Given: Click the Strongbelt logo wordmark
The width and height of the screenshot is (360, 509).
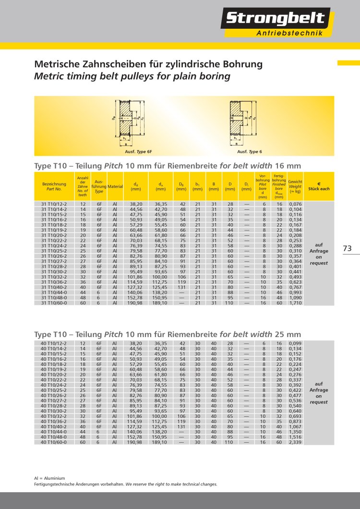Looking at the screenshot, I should [x=275, y=19].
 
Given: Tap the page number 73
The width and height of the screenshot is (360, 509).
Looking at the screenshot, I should [x=348, y=248].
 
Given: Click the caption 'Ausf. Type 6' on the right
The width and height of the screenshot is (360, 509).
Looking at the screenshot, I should [x=250, y=151].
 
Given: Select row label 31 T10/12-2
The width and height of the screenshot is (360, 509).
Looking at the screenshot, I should [x=54, y=204].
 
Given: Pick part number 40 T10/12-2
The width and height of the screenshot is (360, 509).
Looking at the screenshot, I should [x=54, y=343].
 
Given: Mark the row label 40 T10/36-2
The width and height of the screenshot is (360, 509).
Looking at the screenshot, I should [x=54, y=421].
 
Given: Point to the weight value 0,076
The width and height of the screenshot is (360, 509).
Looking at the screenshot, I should [x=295, y=204].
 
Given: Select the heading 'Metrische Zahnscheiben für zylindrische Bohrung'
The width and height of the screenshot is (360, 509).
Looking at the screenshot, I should [x=148, y=64].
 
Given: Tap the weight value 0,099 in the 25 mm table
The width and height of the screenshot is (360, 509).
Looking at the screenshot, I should [x=295, y=343].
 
